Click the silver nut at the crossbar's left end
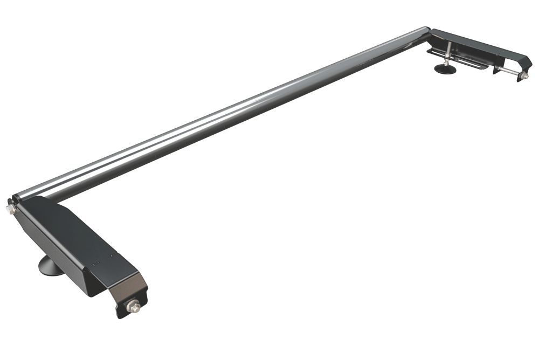point(10,209)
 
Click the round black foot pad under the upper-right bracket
point(445,69)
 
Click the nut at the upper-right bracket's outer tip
point(524,76)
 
